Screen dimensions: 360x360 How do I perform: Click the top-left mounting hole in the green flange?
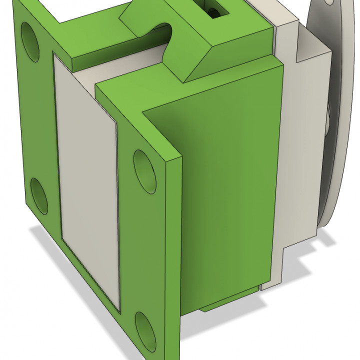point(31,41)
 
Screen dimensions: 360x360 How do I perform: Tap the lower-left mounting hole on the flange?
point(39,193)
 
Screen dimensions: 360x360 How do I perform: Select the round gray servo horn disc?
point(335,115)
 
